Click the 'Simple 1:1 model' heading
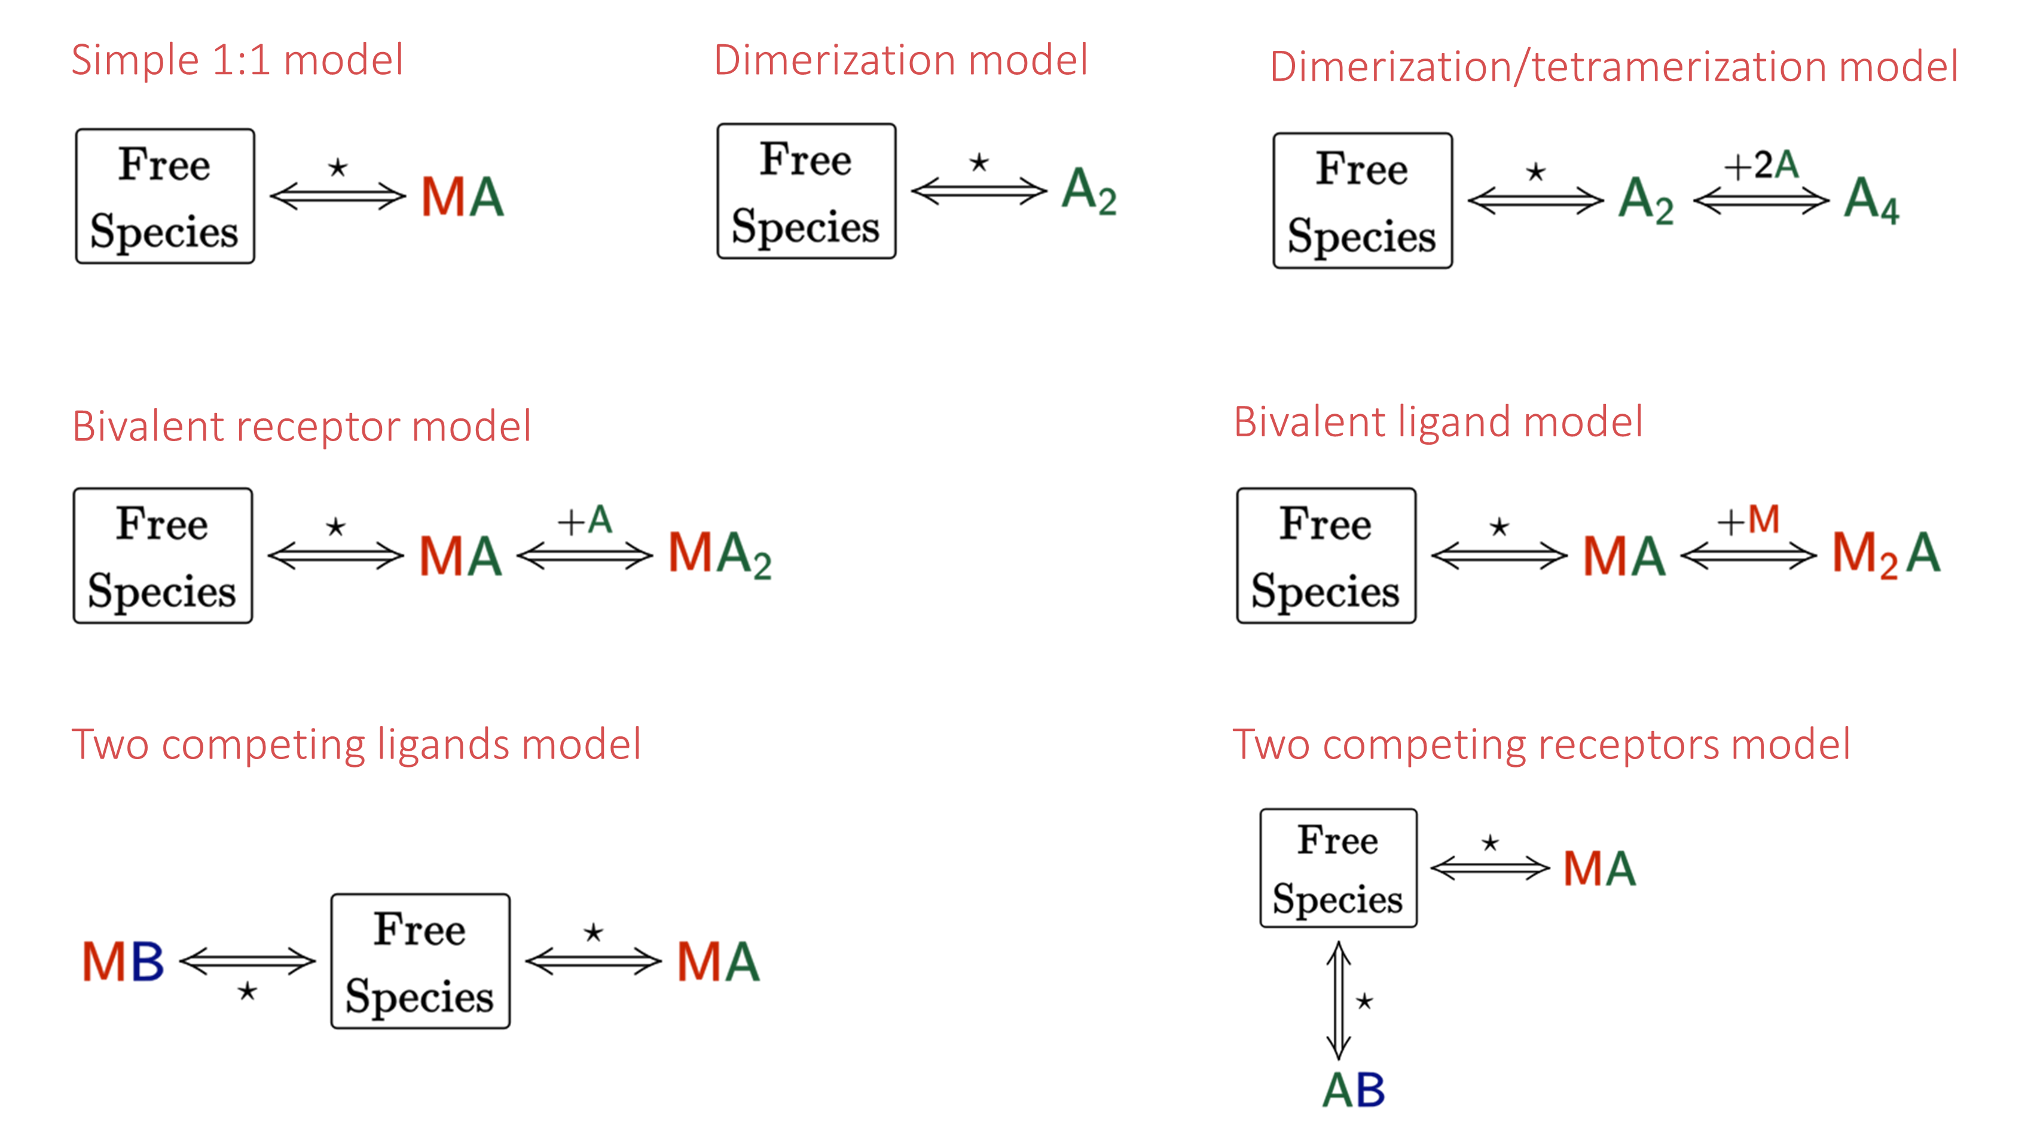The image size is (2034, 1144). (237, 60)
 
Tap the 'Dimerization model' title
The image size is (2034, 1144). (900, 60)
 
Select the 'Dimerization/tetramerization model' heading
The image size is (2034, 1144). (1614, 67)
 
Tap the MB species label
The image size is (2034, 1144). (123, 962)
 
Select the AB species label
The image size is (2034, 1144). (1354, 1090)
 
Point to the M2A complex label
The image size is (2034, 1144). (1886, 554)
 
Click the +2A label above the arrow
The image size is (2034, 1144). (1761, 166)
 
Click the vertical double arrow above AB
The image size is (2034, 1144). (1339, 999)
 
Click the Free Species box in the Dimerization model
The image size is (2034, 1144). (806, 191)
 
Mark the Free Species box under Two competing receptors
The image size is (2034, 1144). (1339, 868)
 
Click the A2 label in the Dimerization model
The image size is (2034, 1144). (1089, 191)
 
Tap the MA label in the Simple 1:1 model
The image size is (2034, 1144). (462, 197)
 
